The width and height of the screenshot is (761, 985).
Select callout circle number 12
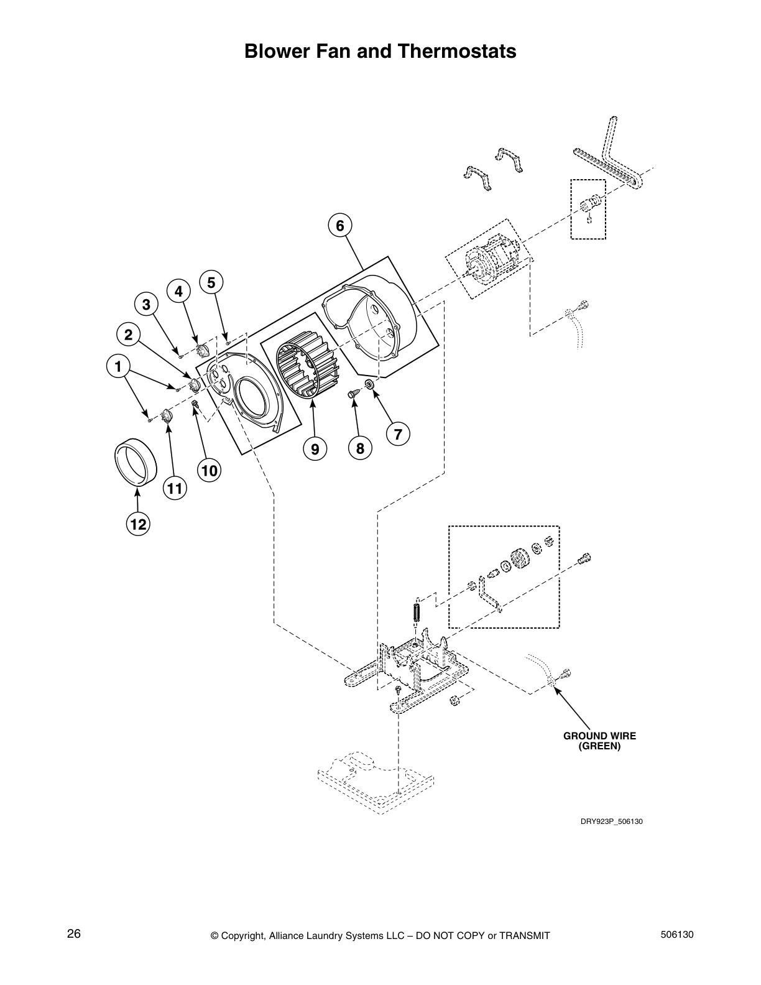click(x=137, y=524)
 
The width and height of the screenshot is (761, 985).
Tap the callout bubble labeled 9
click(x=315, y=448)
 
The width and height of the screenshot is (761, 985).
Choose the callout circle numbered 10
click(x=210, y=471)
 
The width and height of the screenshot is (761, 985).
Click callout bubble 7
click(x=398, y=433)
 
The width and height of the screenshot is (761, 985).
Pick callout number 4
click(x=178, y=290)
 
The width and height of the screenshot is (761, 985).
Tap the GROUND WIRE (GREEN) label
click(x=599, y=741)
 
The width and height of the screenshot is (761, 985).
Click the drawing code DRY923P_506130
click(x=611, y=821)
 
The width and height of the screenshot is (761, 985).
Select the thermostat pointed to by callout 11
click(x=167, y=416)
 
